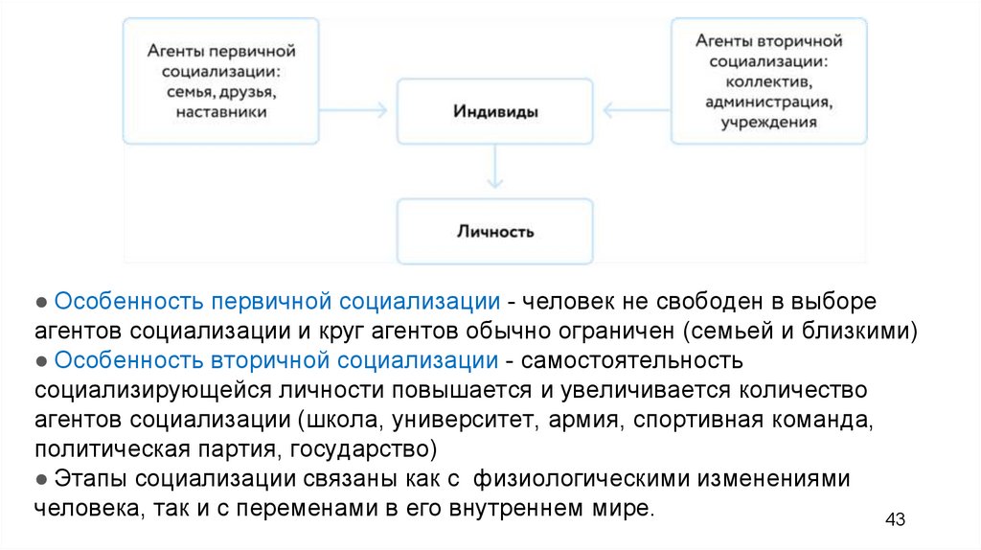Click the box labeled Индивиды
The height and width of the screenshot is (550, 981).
click(x=495, y=112)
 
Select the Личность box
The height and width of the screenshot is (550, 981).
click(x=495, y=232)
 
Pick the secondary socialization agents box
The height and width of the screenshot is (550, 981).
click(x=768, y=80)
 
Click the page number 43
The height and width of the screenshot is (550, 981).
click(x=895, y=519)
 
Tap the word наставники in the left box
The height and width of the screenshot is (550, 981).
click(x=221, y=112)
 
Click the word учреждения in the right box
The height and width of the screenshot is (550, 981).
click(x=769, y=122)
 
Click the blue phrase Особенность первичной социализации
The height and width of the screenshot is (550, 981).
click(x=277, y=301)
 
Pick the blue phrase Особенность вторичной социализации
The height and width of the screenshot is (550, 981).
click(x=276, y=360)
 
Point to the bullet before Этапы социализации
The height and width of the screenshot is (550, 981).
click(x=42, y=479)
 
